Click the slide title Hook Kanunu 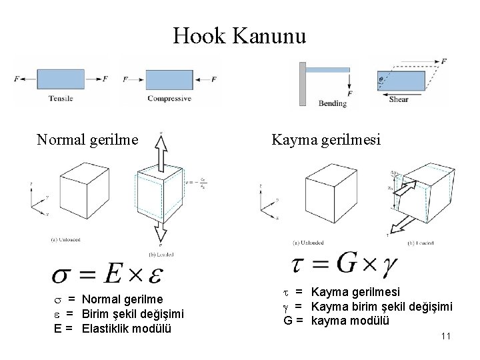[239, 35]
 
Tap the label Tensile [60, 99]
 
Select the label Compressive [169, 99]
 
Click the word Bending [333, 103]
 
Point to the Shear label [399, 99]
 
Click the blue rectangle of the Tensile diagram [61, 79]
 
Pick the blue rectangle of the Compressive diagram [169, 79]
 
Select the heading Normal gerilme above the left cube [87, 140]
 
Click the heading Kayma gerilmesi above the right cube [326, 140]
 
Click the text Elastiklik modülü [127, 329]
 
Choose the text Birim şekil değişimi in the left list [133, 315]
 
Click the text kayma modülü [350, 321]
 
